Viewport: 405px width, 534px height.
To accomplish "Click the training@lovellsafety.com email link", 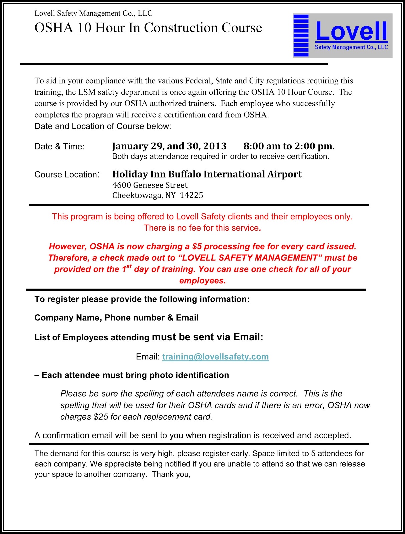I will click(x=215, y=357).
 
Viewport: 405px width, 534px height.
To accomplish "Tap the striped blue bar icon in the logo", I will click(x=301, y=35).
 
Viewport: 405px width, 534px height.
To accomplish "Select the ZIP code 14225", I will click(x=191, y=195).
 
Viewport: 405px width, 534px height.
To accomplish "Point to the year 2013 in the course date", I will click(x=215, y=146).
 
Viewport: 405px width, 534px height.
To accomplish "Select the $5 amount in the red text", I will click(x=197, y=247).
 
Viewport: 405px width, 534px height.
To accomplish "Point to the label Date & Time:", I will click(x=60, y=147).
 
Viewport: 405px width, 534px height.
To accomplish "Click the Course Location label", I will click(x=67, y=175).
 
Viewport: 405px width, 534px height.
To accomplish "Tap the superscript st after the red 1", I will click(x=129, y=266).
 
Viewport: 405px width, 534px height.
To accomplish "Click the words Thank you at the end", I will click(x=171, y=474).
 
